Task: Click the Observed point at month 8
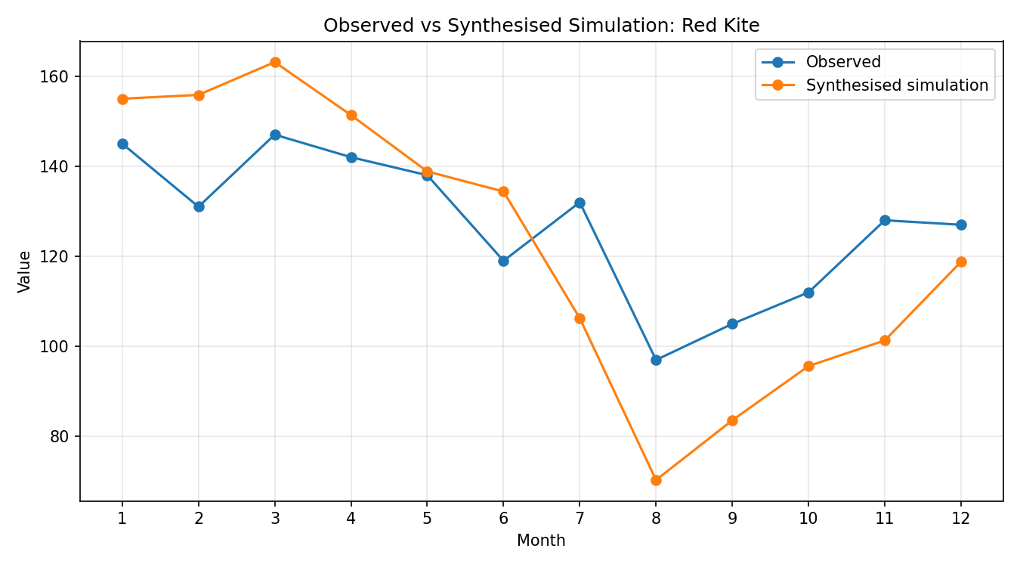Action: click(x=656, y=360)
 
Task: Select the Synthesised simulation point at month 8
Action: click(x=656, y=480)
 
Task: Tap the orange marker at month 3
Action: click(x=275, y=63)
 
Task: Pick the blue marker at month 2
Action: click(x=199, y=207)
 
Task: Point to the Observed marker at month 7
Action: click(x=580, y=203)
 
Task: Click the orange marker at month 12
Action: click(x=961, y=262)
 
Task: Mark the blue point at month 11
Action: click(x=885, y=221)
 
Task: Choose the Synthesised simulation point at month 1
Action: click(x=122, y=99)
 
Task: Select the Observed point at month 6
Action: click(x=504, y=261)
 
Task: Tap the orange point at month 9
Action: click(x=732, y=420)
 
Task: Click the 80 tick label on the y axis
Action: click(x=59, y=437)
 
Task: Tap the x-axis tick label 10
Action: click(x=808, y=519)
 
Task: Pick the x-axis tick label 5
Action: click(x=427, y=519)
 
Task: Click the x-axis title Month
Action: click(x=541, y=541)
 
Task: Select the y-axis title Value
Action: click(x=24, y=272)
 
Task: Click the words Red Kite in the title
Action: click(x=720, y=26)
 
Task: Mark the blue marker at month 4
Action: click(x=351, y=158)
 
